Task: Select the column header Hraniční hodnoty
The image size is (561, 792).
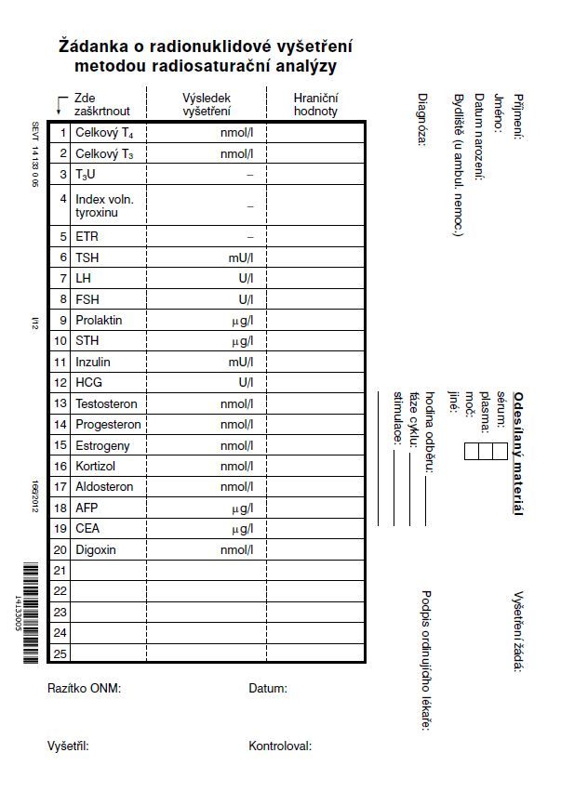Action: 315,104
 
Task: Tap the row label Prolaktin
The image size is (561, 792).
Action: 99,321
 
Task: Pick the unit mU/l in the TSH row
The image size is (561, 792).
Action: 241,257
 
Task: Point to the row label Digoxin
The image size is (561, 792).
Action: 96,550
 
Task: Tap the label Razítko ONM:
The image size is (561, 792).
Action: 85,689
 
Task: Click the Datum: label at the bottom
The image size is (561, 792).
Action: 268,689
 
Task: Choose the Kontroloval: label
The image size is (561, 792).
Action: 280,746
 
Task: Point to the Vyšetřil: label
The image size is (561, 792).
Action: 68,746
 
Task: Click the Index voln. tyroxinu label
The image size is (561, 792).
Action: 104,206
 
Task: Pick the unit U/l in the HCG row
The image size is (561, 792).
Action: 246,383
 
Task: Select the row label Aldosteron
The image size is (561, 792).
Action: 104,487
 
